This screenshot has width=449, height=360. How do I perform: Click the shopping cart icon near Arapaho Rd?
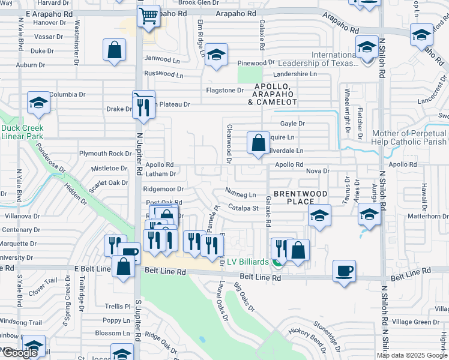148,17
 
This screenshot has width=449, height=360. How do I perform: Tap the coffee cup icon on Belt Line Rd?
344,271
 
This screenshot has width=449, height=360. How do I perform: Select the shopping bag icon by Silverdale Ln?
258,143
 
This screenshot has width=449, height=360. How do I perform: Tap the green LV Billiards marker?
277,262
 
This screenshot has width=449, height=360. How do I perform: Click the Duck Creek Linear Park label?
22,132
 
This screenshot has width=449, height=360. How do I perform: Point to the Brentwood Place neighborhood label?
301,198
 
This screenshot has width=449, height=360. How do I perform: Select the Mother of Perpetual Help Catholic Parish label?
410,137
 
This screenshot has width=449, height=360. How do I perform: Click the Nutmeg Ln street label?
241,194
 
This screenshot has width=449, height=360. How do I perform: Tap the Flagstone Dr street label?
225,91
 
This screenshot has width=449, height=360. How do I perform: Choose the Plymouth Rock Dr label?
105,154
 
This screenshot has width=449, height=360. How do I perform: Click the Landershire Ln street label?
295,74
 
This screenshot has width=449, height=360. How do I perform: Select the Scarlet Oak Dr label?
109,183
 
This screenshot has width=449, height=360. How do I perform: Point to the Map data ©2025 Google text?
412,355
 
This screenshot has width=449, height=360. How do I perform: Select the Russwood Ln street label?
164,74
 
